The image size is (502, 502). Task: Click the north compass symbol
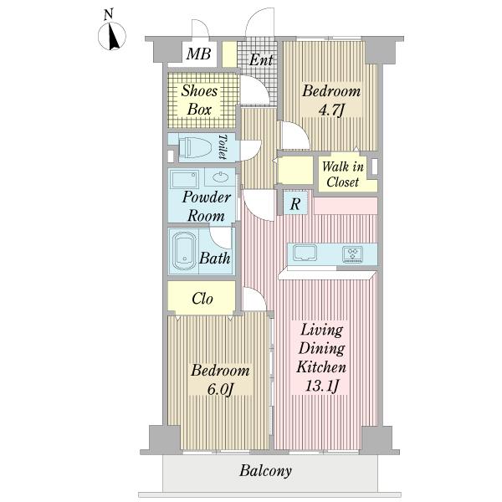pyautogui.click(x=112, y=36)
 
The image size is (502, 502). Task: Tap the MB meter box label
pyautogui.click(x=198, y=54)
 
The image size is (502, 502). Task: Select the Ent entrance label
pyautogui.click(x=261, y=60)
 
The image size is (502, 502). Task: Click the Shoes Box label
pyautogui.click(x=199, y=100)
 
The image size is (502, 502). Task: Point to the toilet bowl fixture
pyautogui.click(x=195, y=147)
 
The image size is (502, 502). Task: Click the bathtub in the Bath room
pyautogui.click(x=184, y=251)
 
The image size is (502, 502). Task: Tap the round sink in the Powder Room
pyautogui.click(x=221, y=177)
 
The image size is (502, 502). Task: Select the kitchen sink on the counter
pyautogui.click(x=305, y=253)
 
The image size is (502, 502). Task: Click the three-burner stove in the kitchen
pyautogui.click(x=352, y=254)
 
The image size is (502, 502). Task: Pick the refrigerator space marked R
pyautogui.click(x=295, y=203)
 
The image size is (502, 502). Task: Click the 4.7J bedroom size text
pyautogui.click(x=331, y=110)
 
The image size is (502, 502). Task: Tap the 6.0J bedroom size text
pyautogui.click(x=219, y=389)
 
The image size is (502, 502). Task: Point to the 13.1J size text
pyautogui.click(x=322, y=386)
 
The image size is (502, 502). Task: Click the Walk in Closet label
pyautogui.click(x=342, y=174)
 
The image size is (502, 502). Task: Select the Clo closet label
pyautogui.click(x=202, y=299)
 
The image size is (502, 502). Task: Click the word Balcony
pyautogui.click(x=266, y=470)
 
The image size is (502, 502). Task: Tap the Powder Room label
pyautogui.click(x=206, y=206)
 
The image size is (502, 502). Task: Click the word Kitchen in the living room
pyautogui.click(x=321, y=367)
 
